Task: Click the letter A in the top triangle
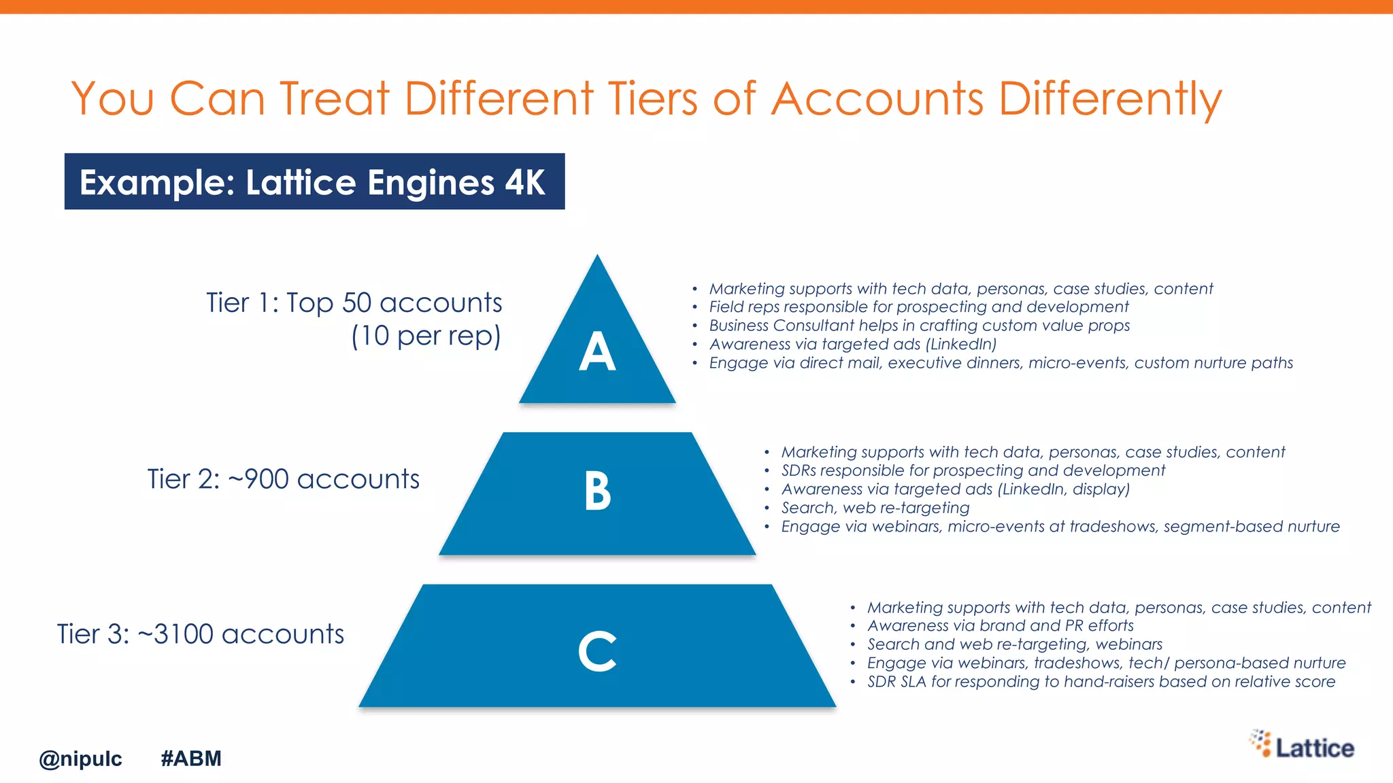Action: tap(597, 351)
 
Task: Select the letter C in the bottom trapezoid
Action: tap(597, 651)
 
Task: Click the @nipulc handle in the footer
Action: tap(80, 759)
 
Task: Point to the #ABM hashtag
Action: tap(191, 758)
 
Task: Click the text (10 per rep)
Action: tap(426, 336)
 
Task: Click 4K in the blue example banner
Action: tap(524, 182)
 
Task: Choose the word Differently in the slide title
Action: tap(1110, 99)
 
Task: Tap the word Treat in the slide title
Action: tap(334, 98)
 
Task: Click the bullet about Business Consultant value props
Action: tap(919, 326)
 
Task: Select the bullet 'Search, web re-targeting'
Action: tap(875, 508)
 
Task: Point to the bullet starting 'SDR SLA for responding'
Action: tap(1101, 682)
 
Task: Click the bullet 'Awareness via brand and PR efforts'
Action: tap(1000, 625)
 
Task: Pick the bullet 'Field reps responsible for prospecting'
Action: tap(918, 307)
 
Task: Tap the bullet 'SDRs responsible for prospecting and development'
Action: tap(973, 470)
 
